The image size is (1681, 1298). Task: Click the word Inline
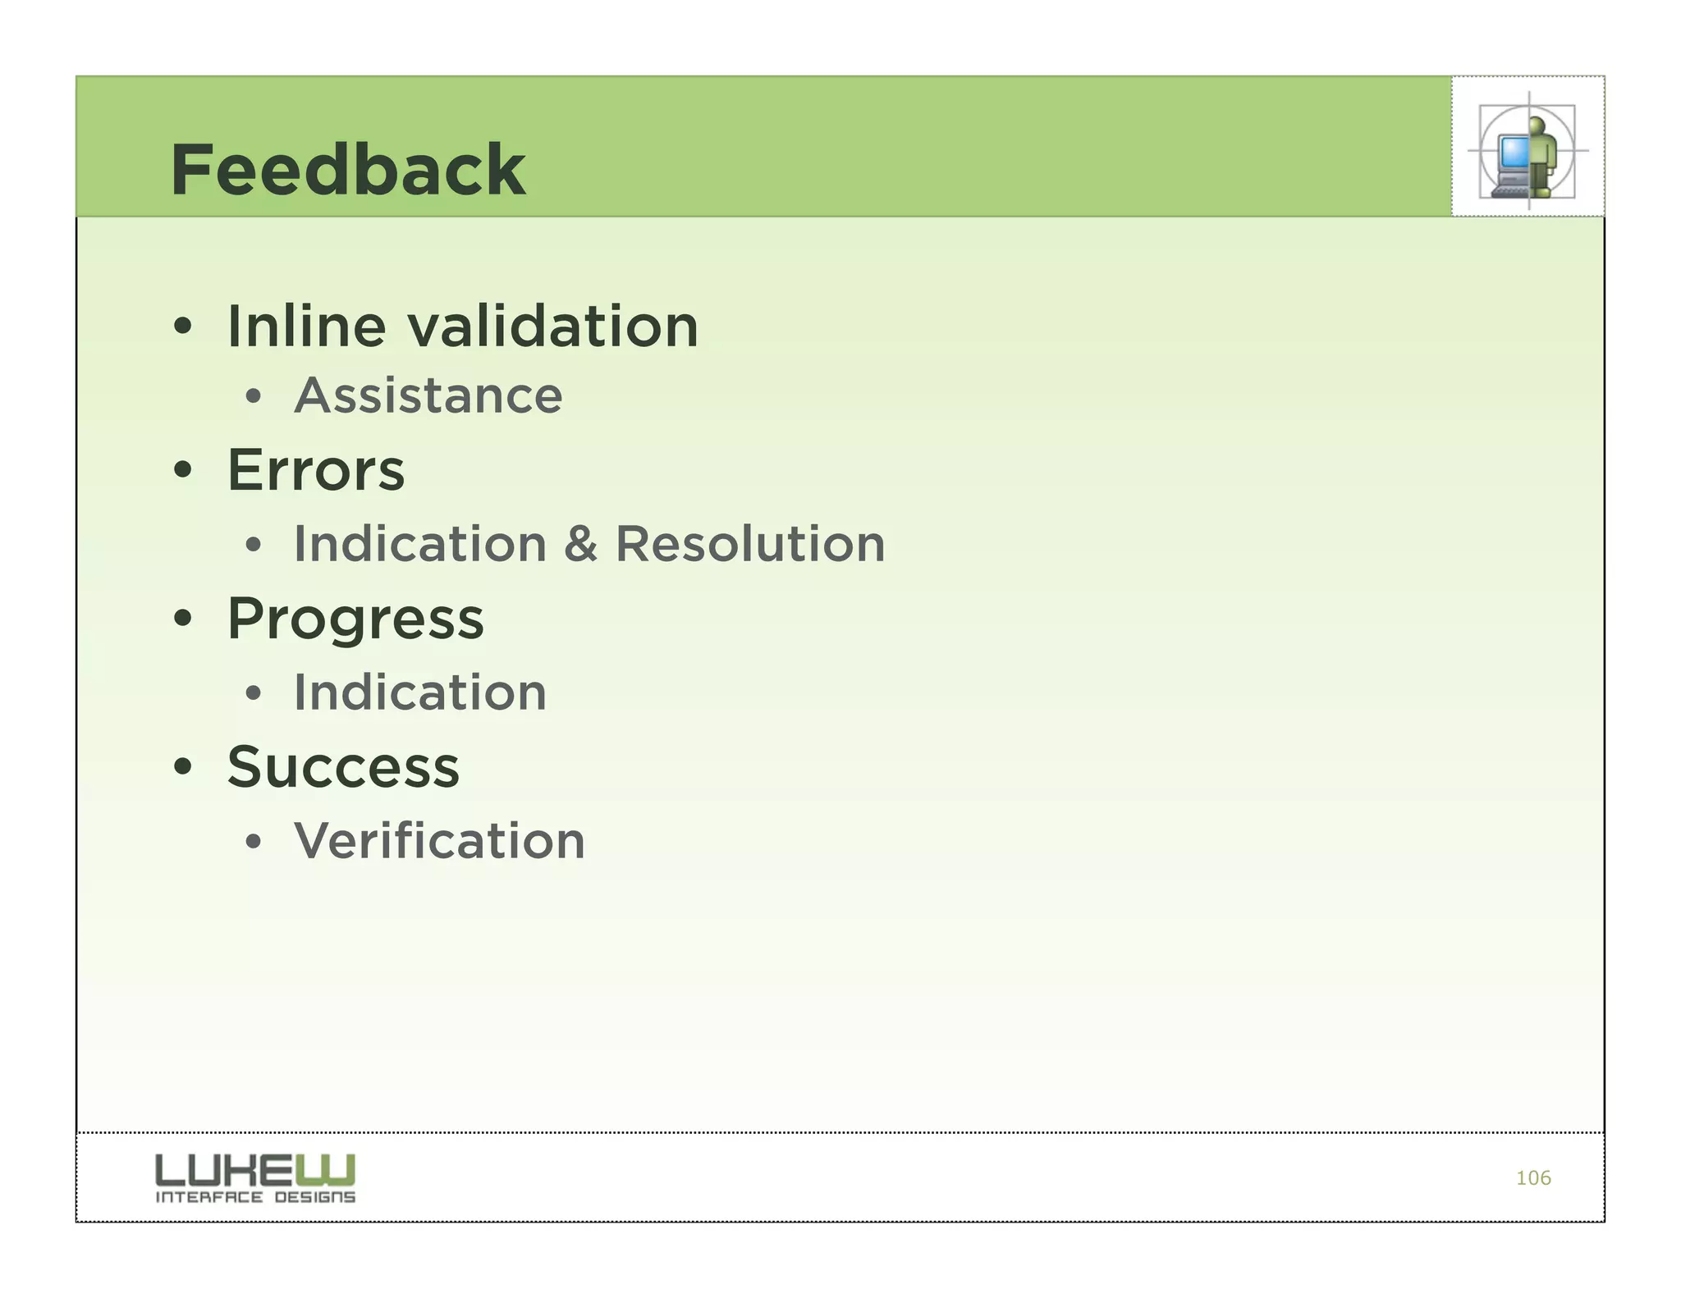(x=306, y=327)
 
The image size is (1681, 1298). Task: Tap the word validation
(x=553, y=327)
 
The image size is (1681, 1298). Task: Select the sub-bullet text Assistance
(x=428, y=395)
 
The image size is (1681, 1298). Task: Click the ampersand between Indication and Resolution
(x=580, y=544)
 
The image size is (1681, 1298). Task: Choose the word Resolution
(x=750, y=544)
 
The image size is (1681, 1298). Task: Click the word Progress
(x=355, y=619)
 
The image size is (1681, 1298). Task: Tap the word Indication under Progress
(x=419, y=692)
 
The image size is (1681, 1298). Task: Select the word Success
(x=343, y=767)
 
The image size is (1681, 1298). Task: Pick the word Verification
(x=439, y=841)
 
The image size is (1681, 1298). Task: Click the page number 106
(x=1532, y=1178)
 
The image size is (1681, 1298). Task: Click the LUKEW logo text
(x=254, y=1169)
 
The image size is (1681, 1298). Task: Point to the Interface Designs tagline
(x=254, y=1197)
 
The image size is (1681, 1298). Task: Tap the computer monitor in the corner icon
(x=1513, y=153)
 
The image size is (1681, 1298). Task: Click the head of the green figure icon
(x=1537, y=126)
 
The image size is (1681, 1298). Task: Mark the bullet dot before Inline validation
(x=183, y=327)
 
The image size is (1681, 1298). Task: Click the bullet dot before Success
(x=183, y=767)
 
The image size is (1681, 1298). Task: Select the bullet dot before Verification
(x=254, y=841)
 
